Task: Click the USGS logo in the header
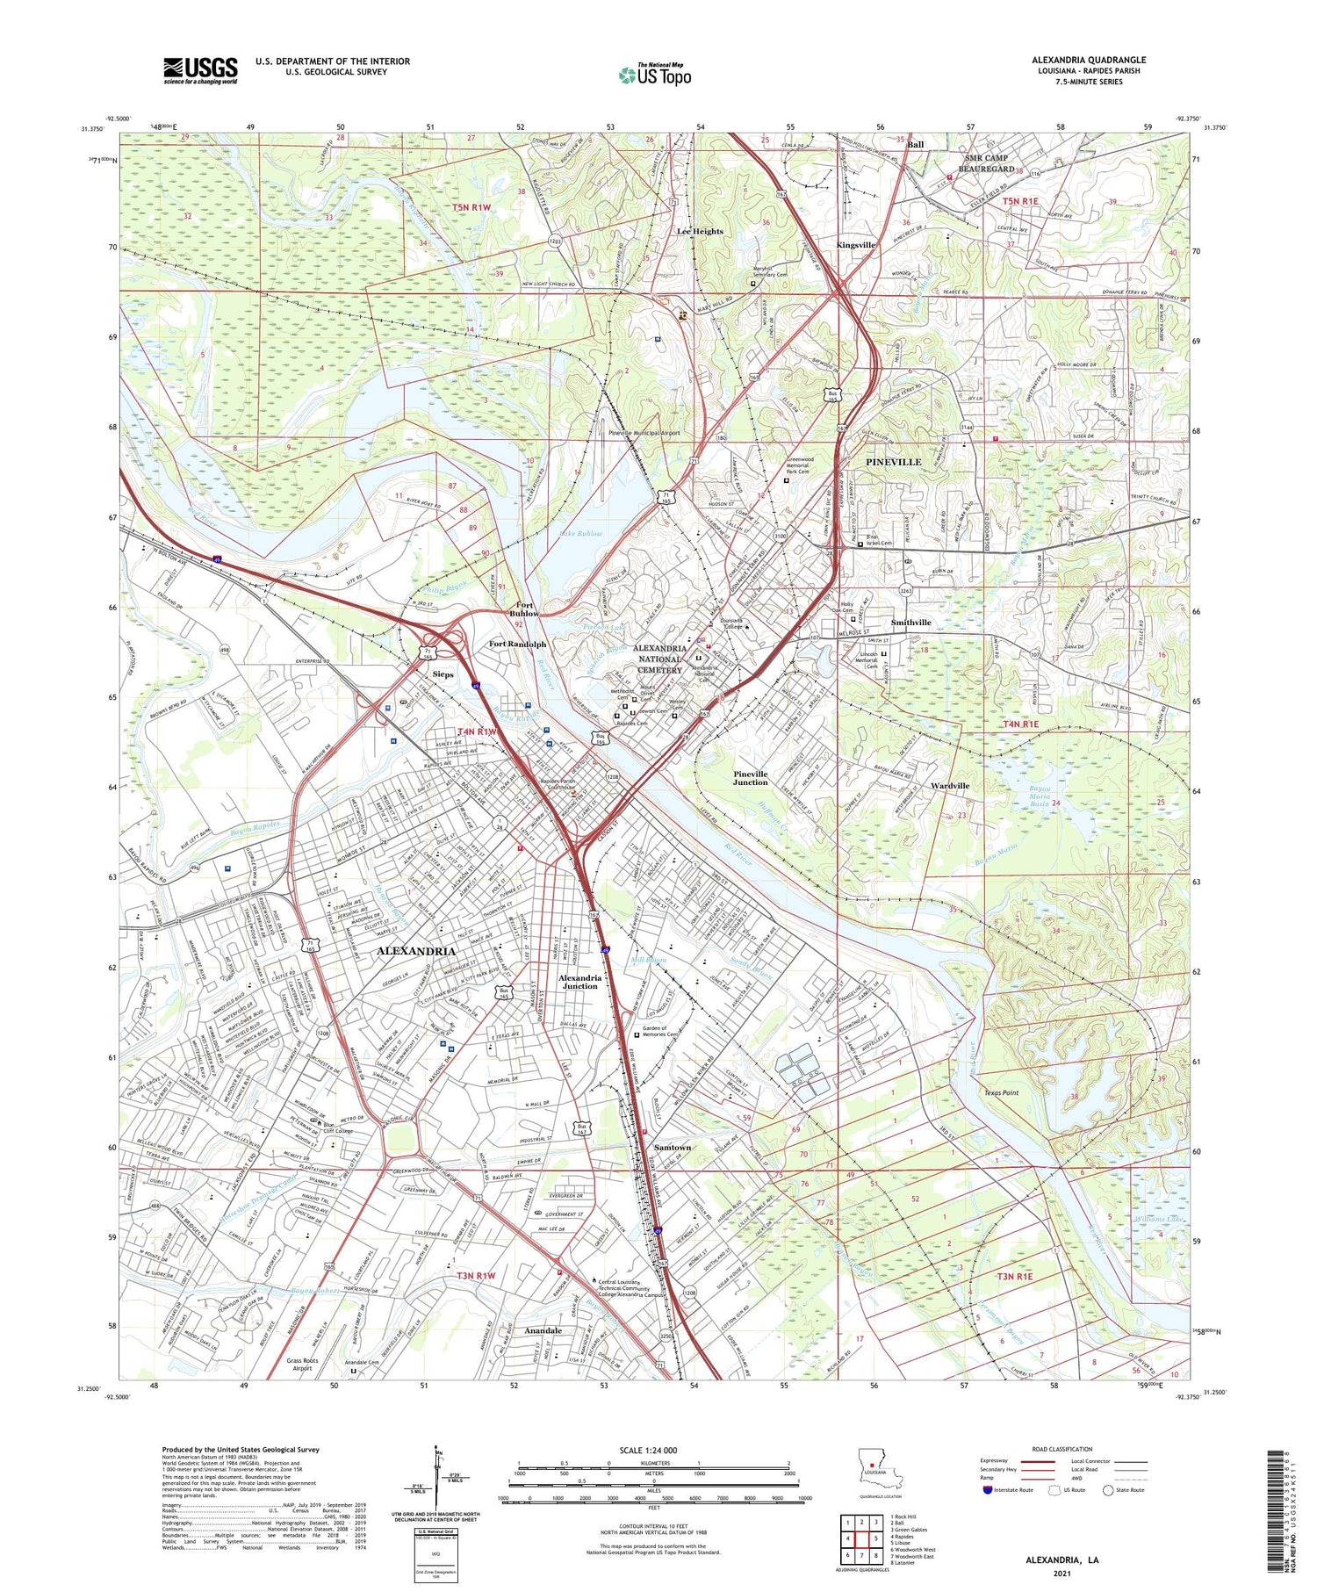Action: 200,70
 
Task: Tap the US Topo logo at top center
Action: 654,76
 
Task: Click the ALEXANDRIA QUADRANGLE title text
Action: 1089,60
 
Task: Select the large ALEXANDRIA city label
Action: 416,951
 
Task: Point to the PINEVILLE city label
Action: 893,462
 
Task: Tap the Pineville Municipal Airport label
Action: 644,433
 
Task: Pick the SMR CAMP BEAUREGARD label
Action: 986,163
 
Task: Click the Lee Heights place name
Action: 700,232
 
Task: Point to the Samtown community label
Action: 673,1147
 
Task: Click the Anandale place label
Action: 543,1330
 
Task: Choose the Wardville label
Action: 949,786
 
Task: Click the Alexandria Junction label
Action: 579,982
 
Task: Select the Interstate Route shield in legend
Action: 988,1490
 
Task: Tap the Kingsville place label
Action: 855,246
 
